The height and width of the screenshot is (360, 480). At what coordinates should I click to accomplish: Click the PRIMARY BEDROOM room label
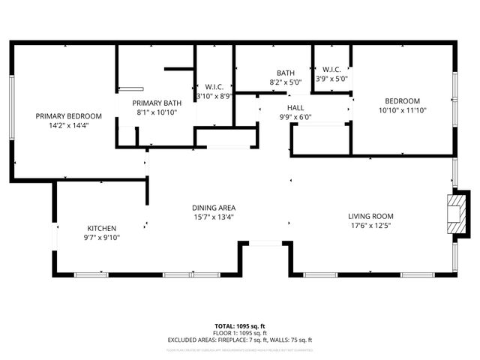coord(69,116)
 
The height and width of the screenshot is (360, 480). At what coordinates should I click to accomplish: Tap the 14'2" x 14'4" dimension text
coord(69,125)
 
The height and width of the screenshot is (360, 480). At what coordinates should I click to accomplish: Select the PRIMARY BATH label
coord(157,103)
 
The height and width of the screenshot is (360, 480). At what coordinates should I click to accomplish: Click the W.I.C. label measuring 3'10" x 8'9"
coord(215,87)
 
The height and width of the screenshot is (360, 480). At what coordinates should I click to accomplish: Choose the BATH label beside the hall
coord(285,73)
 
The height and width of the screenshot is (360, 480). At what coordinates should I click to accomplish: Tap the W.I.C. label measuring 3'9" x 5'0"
coord(331,70)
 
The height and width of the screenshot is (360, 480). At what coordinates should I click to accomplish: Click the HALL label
coord(295,108)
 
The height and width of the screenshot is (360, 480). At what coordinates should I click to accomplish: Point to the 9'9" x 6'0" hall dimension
coord(295,117)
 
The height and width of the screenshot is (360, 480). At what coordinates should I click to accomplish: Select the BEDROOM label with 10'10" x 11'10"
coord(403,101)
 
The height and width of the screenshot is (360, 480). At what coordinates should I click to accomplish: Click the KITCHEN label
coord(102,229)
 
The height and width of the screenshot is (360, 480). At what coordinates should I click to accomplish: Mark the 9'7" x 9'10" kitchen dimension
coord(102,238)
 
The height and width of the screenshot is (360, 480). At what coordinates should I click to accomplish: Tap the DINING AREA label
coord(214,208)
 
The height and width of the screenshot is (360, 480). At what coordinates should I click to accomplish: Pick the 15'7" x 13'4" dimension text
coord(214,217)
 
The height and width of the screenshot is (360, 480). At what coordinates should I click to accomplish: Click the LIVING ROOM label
coord(370,216)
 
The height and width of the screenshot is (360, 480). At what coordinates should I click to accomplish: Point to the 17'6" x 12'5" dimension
coord(370,225)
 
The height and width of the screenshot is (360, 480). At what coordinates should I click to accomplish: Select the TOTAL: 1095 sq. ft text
coord(240,326)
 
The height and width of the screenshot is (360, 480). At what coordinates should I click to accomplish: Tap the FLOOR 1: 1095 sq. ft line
coord(240,333)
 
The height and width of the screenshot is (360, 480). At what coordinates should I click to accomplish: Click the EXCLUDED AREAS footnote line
coord(240,340)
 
